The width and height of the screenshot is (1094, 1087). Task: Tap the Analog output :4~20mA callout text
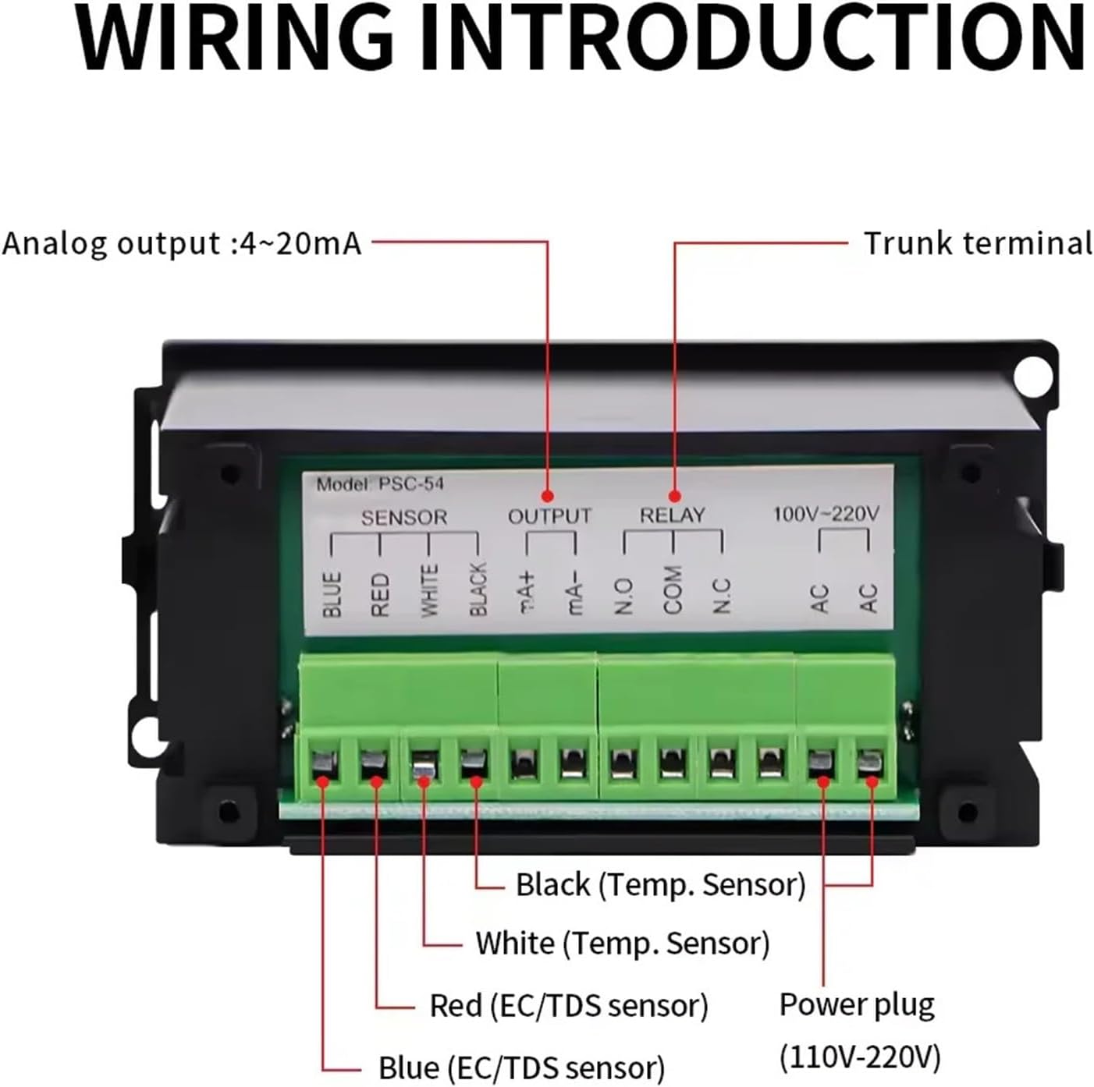[183, 243]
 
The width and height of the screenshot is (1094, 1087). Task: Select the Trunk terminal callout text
[978, 243]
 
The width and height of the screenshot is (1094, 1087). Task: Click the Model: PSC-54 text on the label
[380, 484]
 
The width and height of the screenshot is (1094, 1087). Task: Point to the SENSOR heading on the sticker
[404, 517]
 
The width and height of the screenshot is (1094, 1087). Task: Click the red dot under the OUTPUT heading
[548, 496]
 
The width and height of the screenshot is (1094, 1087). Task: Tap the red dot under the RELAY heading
[675, 496]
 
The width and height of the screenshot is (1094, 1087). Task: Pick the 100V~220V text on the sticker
[826, 514]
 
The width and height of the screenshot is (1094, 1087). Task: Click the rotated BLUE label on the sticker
[332, 594]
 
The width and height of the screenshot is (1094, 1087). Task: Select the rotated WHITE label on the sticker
[429, 591]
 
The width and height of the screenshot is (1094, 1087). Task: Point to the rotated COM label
[672, 590]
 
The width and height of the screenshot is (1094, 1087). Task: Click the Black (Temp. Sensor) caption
[660, 885]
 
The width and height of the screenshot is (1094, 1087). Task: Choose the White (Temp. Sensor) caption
[623, 944]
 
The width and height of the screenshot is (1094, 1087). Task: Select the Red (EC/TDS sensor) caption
[569, 1006]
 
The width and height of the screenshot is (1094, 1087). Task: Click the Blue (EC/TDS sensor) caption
[521, 1068]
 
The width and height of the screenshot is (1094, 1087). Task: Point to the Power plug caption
[857, 1004]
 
